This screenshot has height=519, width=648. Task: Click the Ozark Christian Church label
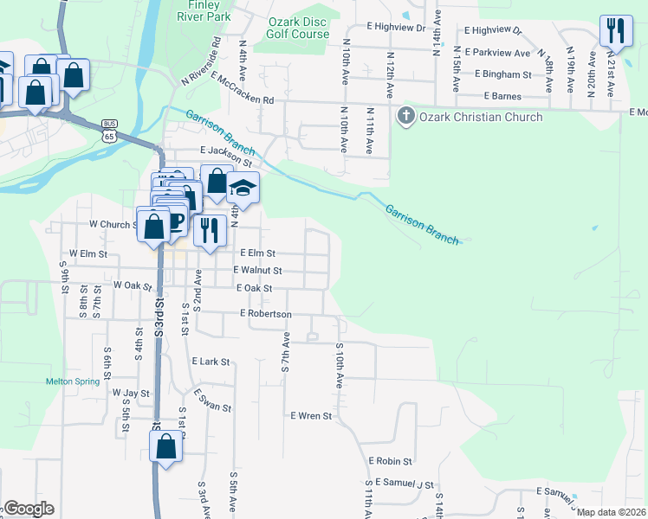coord(481,117)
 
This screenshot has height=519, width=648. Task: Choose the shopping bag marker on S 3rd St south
coord(165,447)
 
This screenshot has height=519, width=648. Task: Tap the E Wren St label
coord(311,416)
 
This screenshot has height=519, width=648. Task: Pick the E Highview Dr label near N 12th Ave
coord(397,28)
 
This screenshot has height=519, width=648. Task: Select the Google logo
coord(29,509)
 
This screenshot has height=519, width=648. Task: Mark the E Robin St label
coord(390,462)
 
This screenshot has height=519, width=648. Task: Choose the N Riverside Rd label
coord(201,61)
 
